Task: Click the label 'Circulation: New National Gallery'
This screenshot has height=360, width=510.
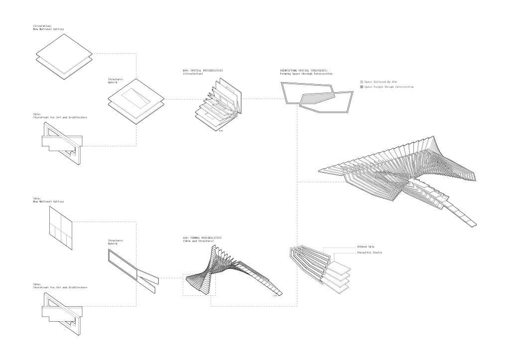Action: click(48, 27)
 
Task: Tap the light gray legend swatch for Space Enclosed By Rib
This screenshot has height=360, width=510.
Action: click(362, 81)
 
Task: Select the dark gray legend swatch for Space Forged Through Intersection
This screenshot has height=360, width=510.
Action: click(362, 87)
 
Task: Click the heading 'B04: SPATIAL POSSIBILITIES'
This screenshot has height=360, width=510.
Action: click(203, 71)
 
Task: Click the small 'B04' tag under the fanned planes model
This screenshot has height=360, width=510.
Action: click(221, 131)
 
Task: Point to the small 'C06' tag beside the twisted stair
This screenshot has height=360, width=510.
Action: click(274, 296)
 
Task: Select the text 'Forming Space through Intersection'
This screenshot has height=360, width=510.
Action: click(306, 74)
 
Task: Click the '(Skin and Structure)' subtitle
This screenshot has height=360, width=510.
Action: click(198, 241)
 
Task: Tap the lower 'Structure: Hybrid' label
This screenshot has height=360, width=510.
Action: click(115, 241)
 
